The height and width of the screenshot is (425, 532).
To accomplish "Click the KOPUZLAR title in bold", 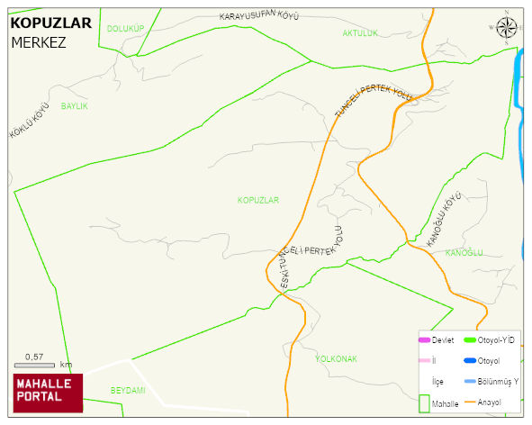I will (x=50, y=23).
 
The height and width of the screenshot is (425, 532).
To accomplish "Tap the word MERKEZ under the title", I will (x=39, y=41).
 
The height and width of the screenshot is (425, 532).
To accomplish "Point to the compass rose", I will (x=506, y=29).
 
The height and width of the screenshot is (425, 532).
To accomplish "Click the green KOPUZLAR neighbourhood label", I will (x=258, y=199).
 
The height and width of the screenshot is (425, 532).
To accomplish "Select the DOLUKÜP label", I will (x=125, y=29).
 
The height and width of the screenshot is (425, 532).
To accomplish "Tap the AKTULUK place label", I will (x=360, y=33).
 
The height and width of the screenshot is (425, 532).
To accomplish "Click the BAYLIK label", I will (x=74, y=106).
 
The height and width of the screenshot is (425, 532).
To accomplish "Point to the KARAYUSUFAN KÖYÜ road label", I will (x=258, y=17).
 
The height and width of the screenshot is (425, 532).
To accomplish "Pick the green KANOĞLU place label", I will (x=464, y=253).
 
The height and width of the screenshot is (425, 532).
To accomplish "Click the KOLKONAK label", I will (x=336, y=358).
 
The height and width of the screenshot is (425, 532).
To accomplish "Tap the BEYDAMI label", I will (x=128, y=390).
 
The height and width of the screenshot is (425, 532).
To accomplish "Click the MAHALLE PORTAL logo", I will (x=48, y=390).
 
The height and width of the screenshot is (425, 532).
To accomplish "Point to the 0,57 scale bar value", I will (x=34, y=357).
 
